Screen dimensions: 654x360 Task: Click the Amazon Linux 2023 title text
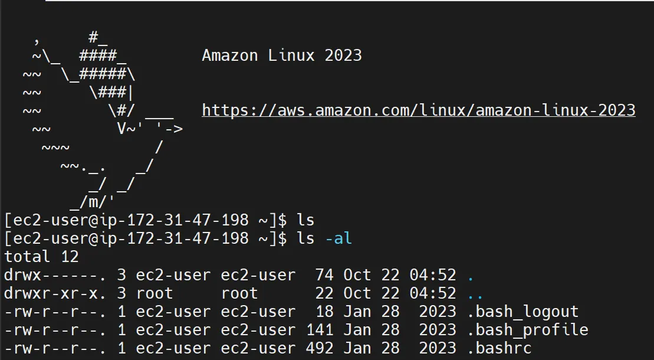281,56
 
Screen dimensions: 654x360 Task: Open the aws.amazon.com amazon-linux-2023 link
418,110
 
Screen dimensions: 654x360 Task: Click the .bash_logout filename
522,312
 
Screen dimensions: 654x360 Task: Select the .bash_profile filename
527,330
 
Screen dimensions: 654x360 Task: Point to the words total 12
41,257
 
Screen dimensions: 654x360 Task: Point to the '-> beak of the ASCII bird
169,129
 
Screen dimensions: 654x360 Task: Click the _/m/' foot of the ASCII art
93,202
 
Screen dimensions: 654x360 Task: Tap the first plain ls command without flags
305,220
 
